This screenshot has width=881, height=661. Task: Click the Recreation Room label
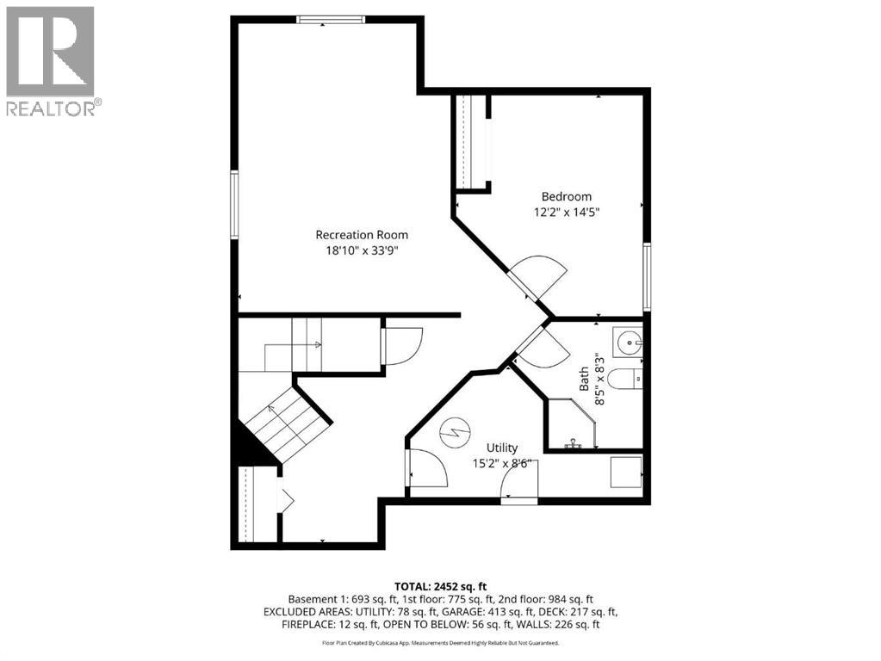[362, 234]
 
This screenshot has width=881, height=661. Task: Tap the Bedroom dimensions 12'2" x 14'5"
[566, 212]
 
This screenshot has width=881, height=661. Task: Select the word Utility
[502, 448]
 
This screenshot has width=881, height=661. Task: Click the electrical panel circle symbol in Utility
[454, 432]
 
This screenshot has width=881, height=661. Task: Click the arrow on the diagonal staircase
[284, 422]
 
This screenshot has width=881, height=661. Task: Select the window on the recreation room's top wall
[331, 20]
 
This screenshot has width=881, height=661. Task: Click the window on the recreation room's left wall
[233, 204]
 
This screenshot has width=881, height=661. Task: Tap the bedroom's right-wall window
[647, 276]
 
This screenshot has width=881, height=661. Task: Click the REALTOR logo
[52, 60]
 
